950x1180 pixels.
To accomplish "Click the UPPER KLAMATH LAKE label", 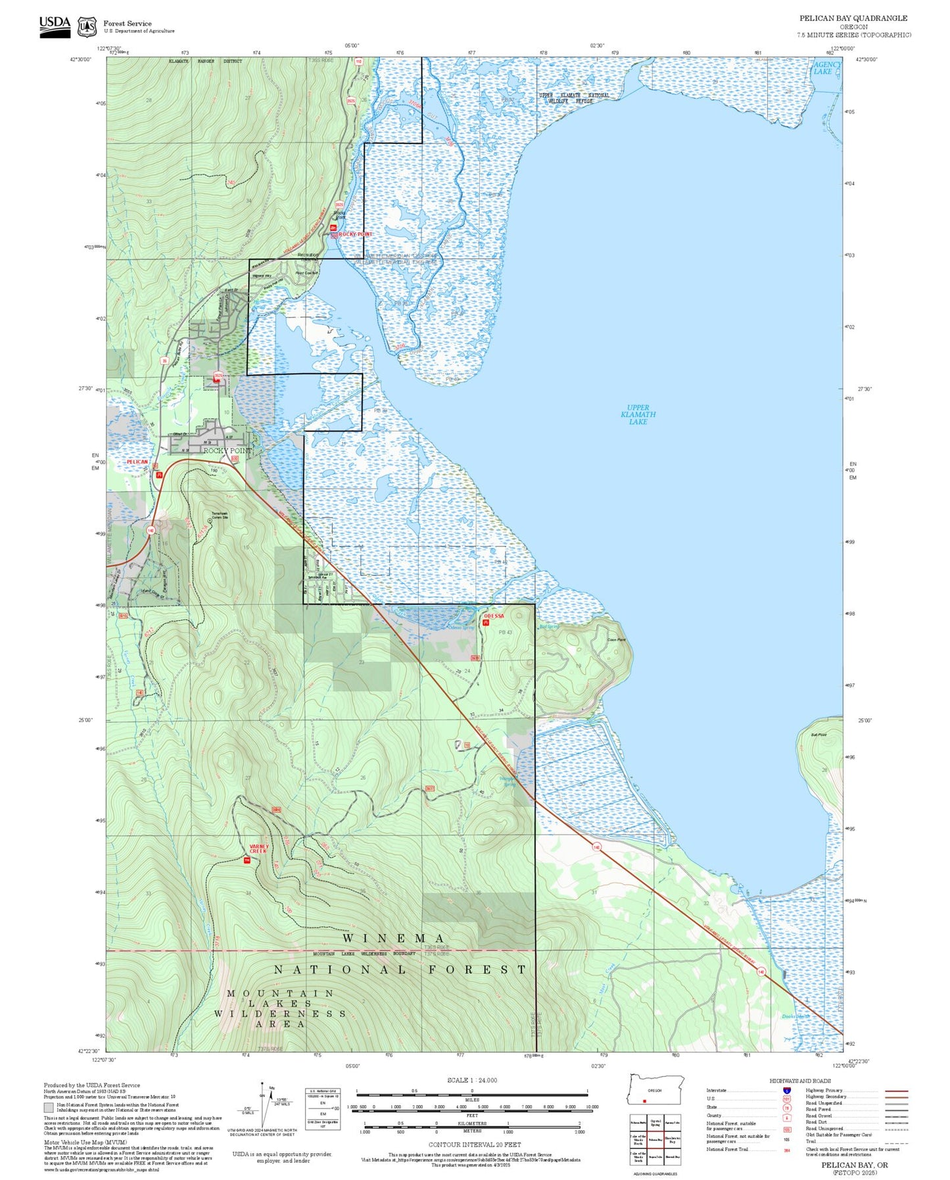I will coord(638,414).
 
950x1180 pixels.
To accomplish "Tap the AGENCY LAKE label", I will coord(826,68).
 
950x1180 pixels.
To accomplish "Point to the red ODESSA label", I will coord(494,616).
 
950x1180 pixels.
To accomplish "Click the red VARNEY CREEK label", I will coord(258,848).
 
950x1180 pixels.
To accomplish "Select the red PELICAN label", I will coord(137,462).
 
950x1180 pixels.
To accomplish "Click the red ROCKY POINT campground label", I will coord(355,234).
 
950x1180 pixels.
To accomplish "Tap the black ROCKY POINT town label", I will coord(227,451).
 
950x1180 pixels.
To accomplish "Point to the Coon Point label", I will coord(616,639).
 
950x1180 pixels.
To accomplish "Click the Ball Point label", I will coord(819,735).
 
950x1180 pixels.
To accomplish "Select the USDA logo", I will coord(55,26).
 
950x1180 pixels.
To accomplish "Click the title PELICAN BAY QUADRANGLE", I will coord(853,18).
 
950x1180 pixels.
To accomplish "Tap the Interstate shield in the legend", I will coord(787,1090).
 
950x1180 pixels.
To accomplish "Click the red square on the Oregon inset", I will coord(645,1101).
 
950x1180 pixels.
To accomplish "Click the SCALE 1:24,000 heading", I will coord(471,1080).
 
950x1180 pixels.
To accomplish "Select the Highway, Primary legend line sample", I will coord(896,1091).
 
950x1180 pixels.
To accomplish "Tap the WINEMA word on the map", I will coord(393,938).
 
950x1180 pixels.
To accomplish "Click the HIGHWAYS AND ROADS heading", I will coord(800,1081).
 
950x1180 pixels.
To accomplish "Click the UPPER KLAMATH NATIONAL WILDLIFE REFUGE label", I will coord(574,98).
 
